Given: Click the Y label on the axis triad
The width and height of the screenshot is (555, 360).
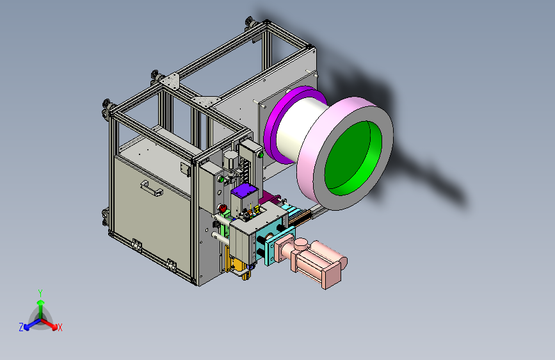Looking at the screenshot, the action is (40, 293).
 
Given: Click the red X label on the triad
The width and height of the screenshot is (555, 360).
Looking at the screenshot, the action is (60, 328).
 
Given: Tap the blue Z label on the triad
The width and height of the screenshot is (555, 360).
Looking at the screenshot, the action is (21, 327).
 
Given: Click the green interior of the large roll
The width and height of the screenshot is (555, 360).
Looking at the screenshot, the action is (353, 158).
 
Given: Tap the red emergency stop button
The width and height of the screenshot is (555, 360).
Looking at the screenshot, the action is (223, 208).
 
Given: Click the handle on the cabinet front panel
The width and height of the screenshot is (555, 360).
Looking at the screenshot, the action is (152, 188).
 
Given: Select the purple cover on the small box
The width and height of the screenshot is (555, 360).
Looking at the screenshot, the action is (245, 190).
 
